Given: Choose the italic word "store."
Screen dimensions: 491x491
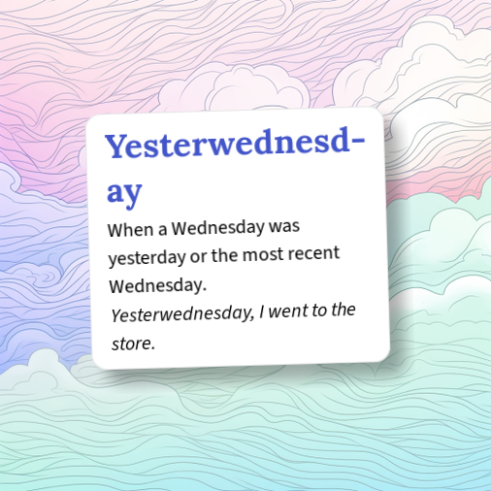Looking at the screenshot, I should click(133, 343).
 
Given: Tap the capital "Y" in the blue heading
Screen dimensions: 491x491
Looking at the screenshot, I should click(118, 147).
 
